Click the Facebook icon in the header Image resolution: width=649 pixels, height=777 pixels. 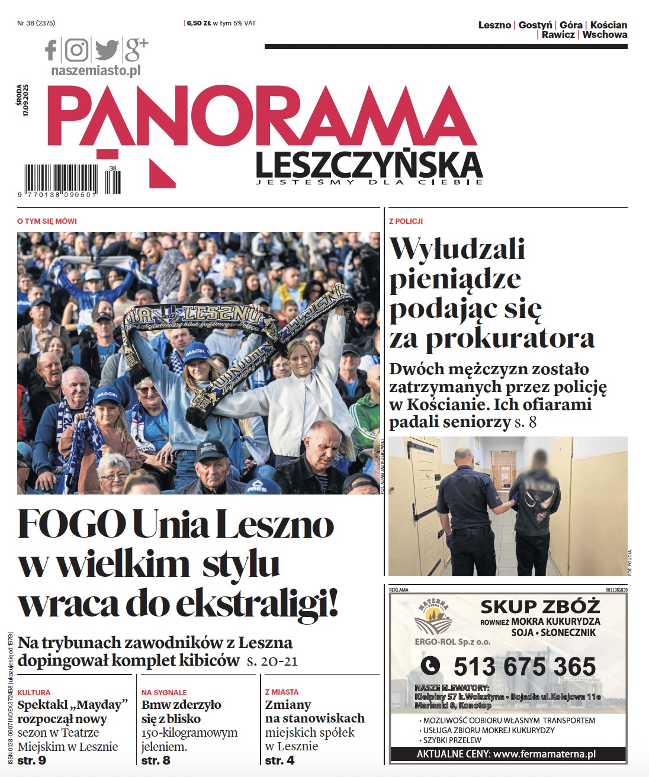pyautogui.click(x=52, y=50)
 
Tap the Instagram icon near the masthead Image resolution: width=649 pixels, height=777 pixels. pyautogui.click(x=76, y=50)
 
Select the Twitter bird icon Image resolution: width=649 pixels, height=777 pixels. pyautogui.click(x=107, y=50)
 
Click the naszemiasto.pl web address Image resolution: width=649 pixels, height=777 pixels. pyautogui.click(x=96, y=70)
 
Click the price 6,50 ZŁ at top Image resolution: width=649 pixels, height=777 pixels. pyautogui.click(x=199, y=23)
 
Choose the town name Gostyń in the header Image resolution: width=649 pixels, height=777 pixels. pyautogui.click(x=535, y=25)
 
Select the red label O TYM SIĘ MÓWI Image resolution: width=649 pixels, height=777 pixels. pyautogui.click(x=47, y=221)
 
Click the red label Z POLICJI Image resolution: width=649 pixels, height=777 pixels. pyautogui.click(x=406, y=221)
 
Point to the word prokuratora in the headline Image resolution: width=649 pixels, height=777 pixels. pyautogui.click(x=510, y=338)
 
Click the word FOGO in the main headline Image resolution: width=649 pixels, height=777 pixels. pyautogui.click(x=72, y=525)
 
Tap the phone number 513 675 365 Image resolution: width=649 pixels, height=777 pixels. pyautogui.click(x=524, y=666)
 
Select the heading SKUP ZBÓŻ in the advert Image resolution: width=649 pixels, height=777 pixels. pyautogui.click(x=540, y=606)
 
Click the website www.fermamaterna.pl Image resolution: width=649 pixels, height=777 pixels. pyautogui.click(x=544, y=754)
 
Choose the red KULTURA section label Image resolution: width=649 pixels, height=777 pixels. pyautogui.click(x=34, y=692)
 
